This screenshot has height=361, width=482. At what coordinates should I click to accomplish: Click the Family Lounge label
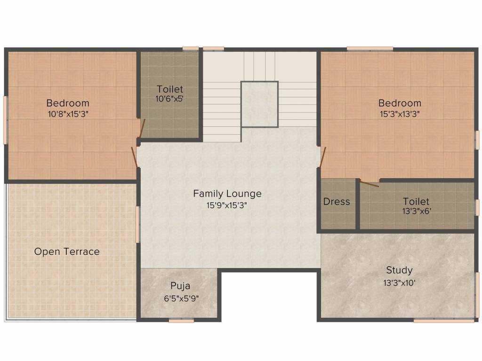click(227, 194)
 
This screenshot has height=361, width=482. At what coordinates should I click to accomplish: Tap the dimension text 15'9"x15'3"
click(227, 205)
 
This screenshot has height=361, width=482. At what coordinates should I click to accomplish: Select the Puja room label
click(180, 286)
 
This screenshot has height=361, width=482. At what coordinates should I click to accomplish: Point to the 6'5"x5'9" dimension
click(181, 298)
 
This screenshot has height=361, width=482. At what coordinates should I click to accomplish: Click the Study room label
click(399, 270)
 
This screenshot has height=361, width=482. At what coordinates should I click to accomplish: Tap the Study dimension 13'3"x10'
click(399, 283)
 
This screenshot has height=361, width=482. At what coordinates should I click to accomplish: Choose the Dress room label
click(337, 202)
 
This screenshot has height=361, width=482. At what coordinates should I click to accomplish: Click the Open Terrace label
click(67, 252)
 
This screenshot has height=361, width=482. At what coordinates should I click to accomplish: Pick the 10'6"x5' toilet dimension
click(169, 99)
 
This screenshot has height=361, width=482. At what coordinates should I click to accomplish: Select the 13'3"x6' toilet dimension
click(417, 211)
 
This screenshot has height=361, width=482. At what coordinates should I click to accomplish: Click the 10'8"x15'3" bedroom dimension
click(68, 114)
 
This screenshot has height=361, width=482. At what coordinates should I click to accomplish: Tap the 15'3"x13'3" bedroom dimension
click(400, 114)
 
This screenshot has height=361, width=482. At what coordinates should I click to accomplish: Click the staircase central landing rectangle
click(260, 104)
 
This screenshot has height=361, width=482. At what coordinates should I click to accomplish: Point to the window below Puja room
click(181, 321)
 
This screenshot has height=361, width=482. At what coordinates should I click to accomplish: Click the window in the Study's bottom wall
click(444, 321)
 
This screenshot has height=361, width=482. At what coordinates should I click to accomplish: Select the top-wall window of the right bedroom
click(370, 48)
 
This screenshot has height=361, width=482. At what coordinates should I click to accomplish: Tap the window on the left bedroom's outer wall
click(5, 120)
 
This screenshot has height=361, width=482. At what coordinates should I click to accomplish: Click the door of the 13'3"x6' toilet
click(369, 184)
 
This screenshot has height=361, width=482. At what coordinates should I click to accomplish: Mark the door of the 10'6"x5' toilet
click(142, 128)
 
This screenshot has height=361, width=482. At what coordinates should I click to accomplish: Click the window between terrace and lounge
click(138, 224)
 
